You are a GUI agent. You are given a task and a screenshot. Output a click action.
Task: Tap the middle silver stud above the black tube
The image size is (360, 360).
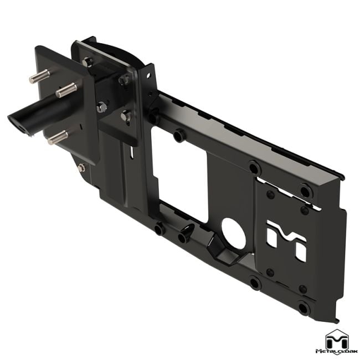point(65,89)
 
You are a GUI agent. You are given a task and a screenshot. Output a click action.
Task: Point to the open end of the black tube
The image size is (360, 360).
point(18,122)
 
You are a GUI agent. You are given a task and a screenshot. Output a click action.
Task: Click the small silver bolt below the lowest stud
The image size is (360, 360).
point(82,167)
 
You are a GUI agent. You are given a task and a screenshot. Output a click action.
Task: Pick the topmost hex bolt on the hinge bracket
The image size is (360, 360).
point(88,61)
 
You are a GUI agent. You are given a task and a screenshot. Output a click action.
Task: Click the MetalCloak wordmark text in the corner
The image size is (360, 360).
point(337,351)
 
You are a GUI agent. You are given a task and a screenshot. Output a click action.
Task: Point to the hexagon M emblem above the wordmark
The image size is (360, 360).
point(337,337)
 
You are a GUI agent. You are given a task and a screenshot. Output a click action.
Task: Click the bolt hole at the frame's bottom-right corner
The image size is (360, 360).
point(303,308)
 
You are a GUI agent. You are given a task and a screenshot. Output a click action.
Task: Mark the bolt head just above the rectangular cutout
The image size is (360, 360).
point(178,135)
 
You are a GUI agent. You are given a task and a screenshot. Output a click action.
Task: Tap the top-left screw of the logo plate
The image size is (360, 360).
point(270,195)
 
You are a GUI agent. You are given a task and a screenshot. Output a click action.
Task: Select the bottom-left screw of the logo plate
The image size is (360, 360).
point(270,272)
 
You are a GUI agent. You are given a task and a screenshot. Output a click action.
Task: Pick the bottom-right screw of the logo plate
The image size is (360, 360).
point(302,289)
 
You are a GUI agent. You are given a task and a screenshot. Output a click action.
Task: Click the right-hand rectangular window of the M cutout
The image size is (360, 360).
point(300,253)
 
